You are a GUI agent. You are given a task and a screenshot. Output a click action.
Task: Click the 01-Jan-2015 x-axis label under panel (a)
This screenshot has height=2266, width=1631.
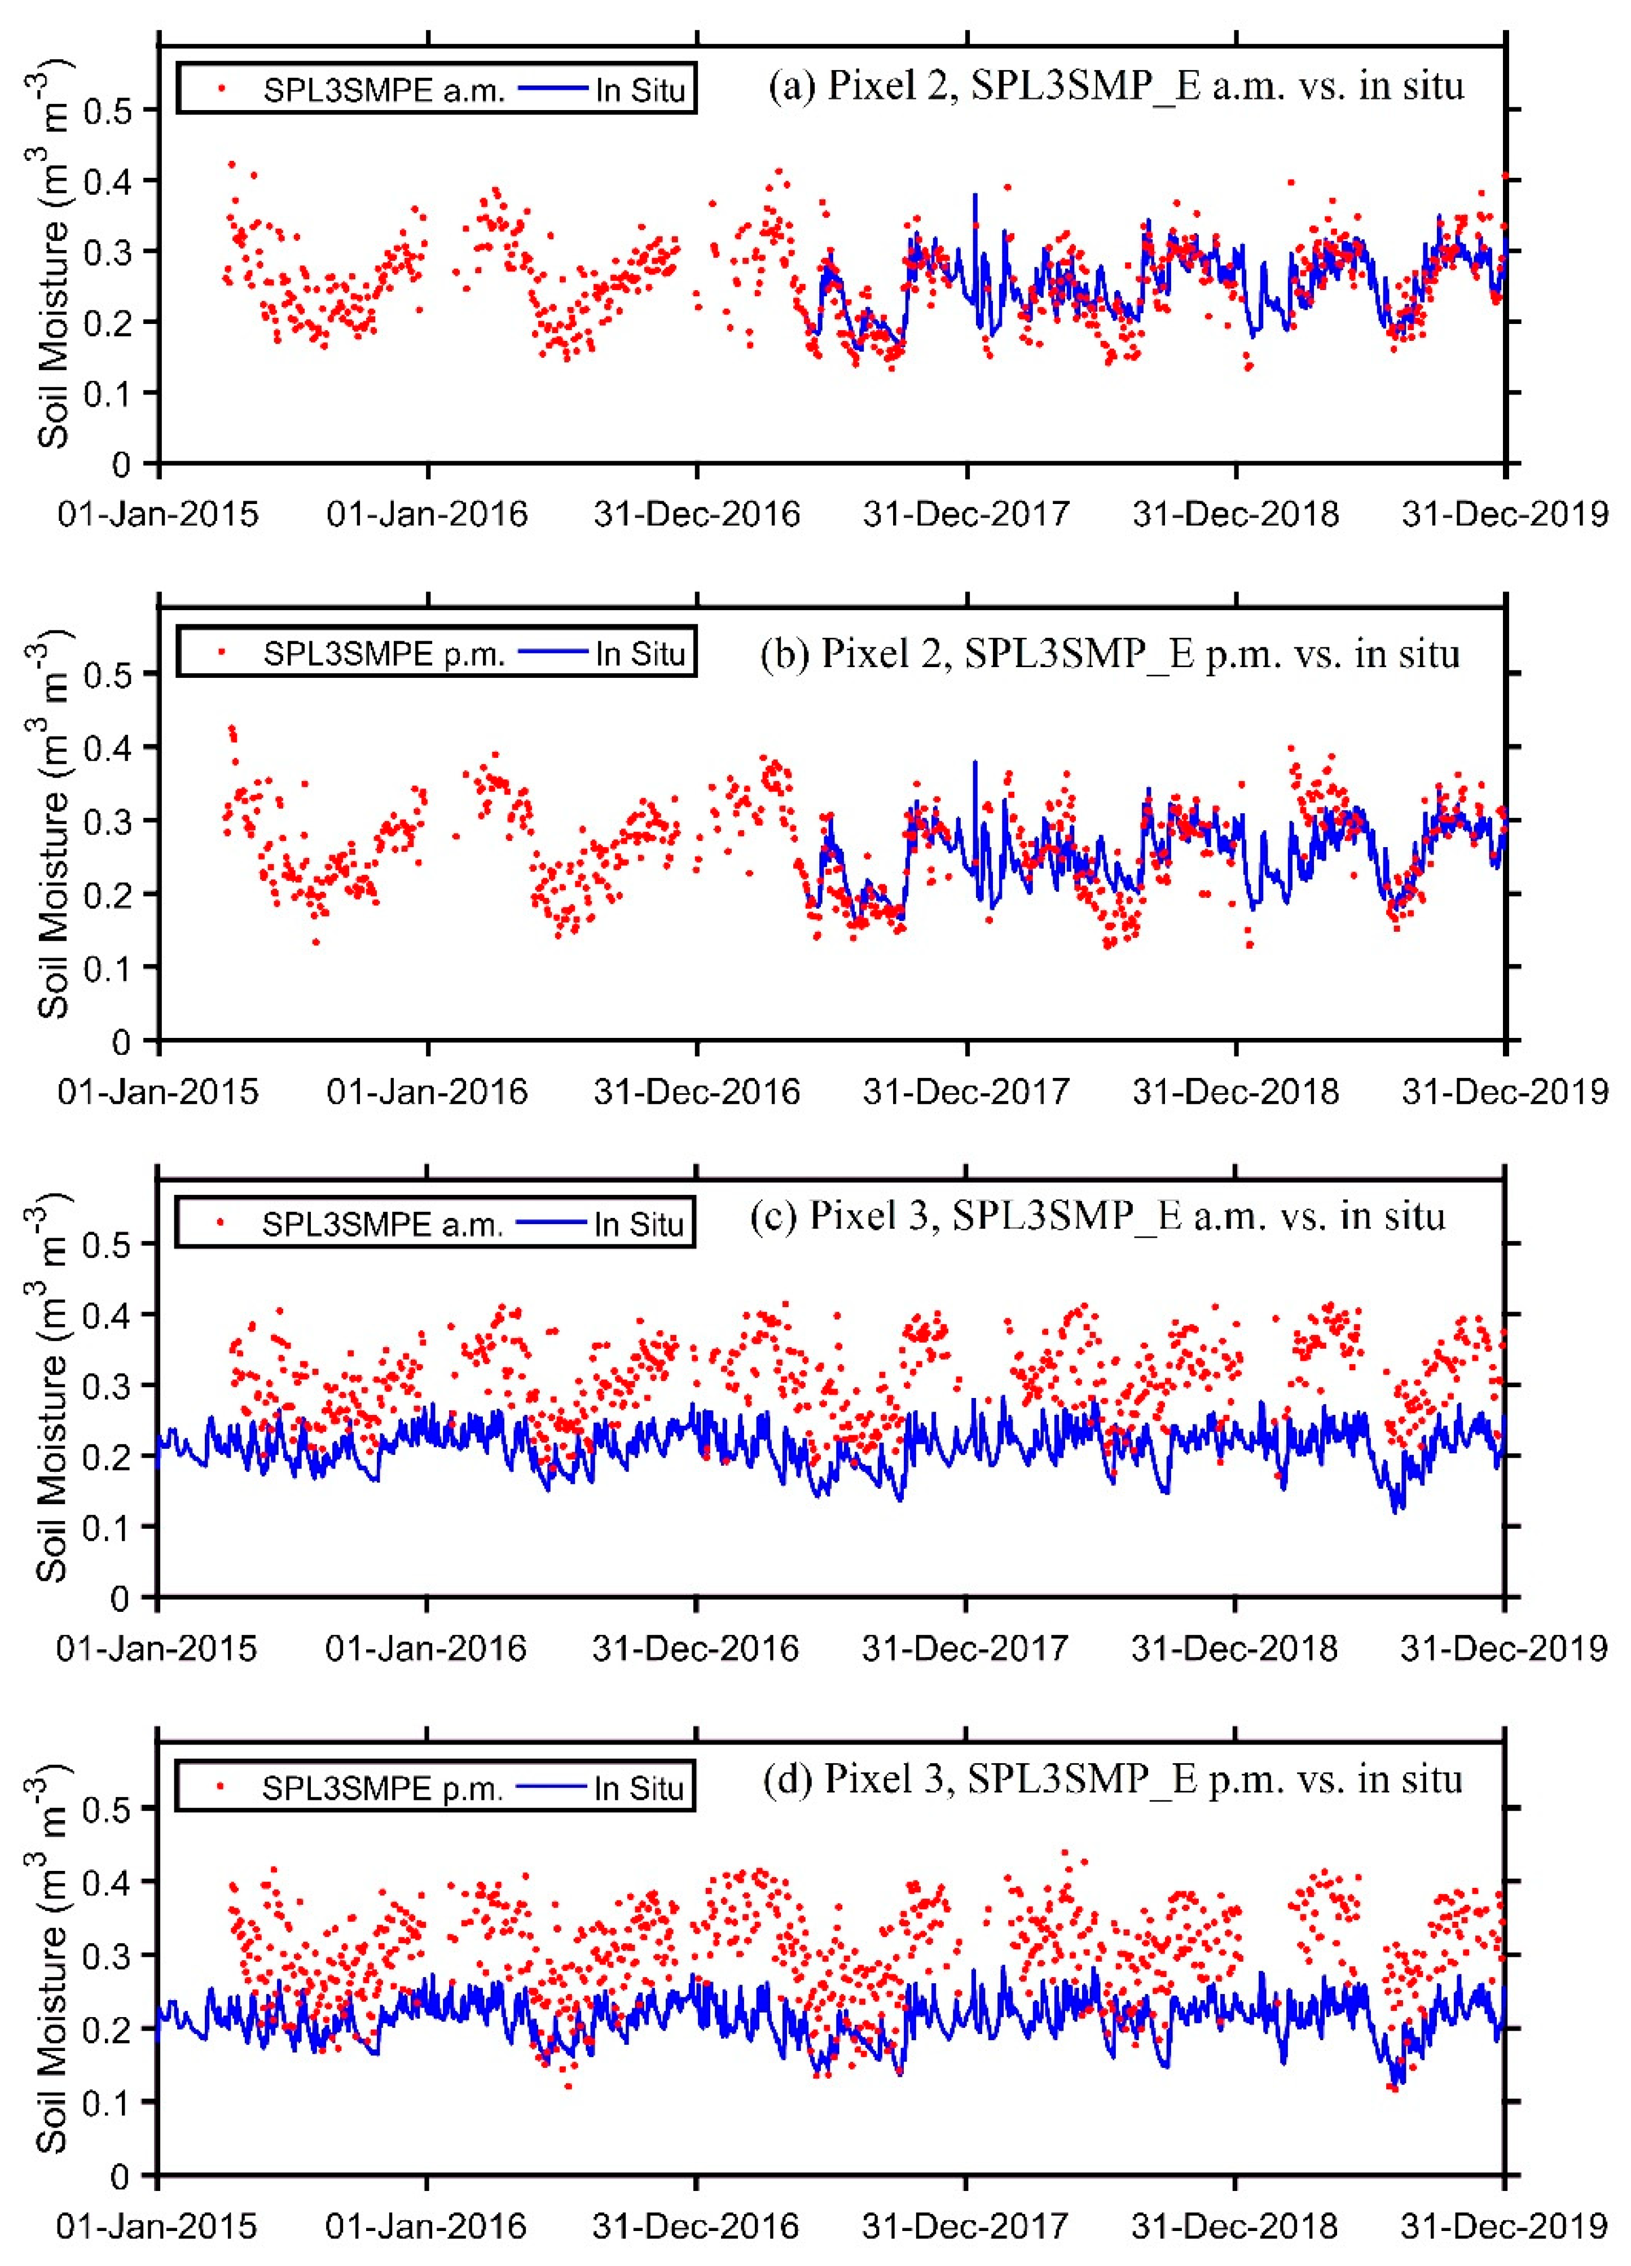pyautogui.click(x=158, y=515)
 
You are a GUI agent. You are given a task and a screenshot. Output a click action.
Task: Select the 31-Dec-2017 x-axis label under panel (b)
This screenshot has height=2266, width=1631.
pyautogui.click(x=966, y=1091)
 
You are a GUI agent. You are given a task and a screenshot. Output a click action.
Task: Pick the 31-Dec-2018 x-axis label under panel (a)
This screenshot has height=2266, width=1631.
pyautogui.click(x=1236, y=515)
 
